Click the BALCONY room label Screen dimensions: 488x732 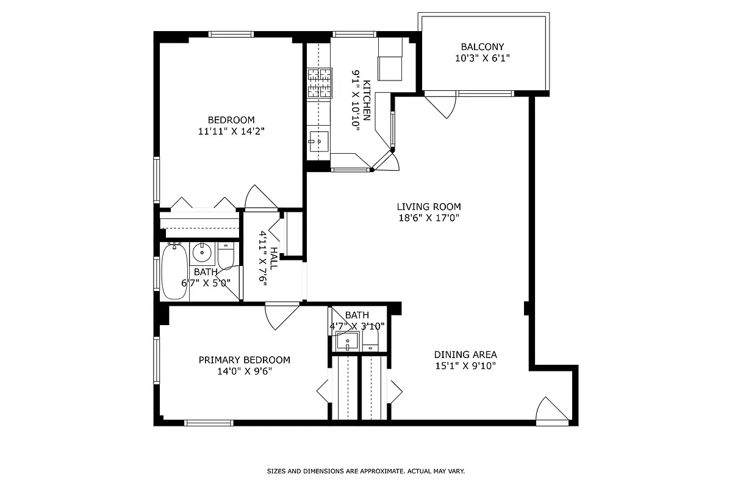tap(483, 47)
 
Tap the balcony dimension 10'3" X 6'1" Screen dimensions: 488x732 tap(483, 59)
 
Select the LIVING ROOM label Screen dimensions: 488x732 tap(429, 207)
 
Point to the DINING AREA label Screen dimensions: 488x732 tap(465, 354)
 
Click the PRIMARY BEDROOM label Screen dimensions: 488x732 tap(244, 360)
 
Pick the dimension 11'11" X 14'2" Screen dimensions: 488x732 tap(231, 131)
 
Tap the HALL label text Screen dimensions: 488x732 tap(274, 259)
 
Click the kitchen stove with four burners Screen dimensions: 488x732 tap(320, 83)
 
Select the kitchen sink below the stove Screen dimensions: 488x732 tap(318, 142)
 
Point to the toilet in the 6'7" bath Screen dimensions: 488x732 tap(226, 256)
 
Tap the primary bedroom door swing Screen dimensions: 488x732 tap(281, 314)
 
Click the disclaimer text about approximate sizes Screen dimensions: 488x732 tap(366, 471)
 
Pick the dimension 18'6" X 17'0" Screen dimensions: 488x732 tap(429, 218)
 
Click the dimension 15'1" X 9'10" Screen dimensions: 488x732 tap(465, 366)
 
